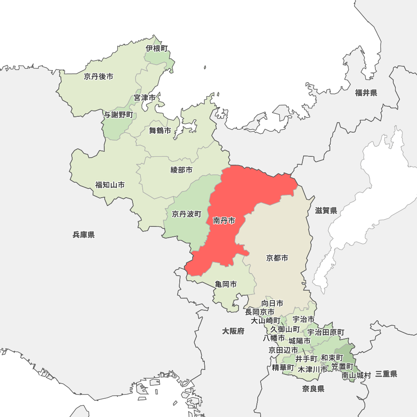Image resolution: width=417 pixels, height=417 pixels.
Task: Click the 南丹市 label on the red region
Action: (x=224, y=221)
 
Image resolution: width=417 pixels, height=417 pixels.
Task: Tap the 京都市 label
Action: (x=277, y=258)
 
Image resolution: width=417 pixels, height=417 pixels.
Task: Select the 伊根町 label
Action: (x=157, y=48)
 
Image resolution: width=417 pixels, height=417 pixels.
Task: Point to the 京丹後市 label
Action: (x=98, y=76)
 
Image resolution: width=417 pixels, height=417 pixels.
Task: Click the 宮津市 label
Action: (x=145, y=98)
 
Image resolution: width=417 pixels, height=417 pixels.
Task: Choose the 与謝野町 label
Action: (x=118, y=115)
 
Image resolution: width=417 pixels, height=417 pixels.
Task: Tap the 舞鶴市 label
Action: (x=160, y=131)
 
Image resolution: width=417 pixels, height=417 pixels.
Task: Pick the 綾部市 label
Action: (x=182, y=170)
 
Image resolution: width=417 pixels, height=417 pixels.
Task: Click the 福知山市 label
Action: (x=110, y=185)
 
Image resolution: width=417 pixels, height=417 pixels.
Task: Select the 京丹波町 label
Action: (x=186, y=214)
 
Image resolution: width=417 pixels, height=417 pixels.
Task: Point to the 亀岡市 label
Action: (x=226, y=284)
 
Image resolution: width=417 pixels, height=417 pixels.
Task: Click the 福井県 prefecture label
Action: (x=366, y=93)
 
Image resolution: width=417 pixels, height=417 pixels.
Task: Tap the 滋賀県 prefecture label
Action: (x=326, y=211)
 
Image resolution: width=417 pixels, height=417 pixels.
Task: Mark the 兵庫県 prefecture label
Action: (x=83, y=235)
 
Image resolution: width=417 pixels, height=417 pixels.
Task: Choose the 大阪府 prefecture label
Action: (x=233, y=331)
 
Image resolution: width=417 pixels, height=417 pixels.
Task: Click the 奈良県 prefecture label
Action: (x=314, y=389)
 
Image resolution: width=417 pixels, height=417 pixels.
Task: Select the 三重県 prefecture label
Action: (x=386, y=374)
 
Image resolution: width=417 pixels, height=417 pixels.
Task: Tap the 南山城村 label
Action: (x=356, y=375)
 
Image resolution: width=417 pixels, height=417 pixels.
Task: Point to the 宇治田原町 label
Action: (x=326, y=332)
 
